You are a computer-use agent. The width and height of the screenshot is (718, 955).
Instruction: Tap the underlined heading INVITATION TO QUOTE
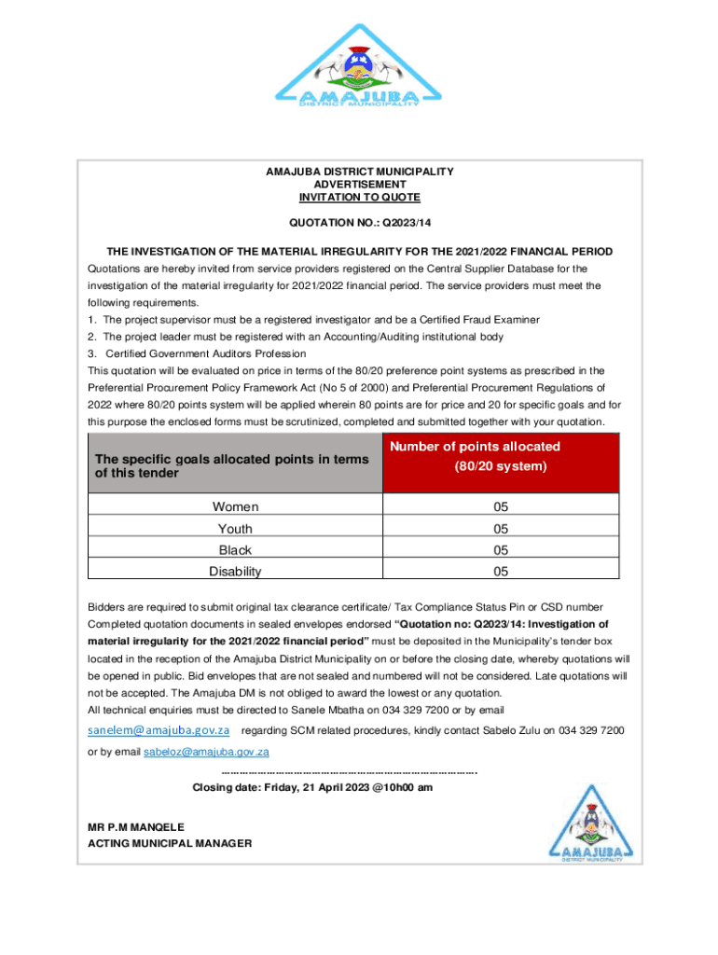click(359, 198)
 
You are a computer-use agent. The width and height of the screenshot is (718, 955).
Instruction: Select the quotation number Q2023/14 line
click(359, 224)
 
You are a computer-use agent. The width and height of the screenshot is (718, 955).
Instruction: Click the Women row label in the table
click(235, 507)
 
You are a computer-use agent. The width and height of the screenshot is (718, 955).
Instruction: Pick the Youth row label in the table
click(235, 529)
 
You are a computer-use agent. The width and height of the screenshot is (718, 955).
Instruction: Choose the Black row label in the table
click(235, 550)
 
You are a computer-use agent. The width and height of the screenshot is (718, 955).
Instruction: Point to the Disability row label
click(235, 572)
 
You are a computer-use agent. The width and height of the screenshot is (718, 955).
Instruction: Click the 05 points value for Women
click(501, 507)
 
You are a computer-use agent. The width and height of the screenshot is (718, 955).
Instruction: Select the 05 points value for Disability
click(501, 572)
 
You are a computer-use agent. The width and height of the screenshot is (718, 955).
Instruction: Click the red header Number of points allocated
click(501, 456)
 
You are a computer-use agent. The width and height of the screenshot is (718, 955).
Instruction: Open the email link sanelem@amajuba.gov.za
click(159, 729)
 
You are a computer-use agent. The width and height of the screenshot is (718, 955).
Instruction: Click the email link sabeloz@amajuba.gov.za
click(206, 752)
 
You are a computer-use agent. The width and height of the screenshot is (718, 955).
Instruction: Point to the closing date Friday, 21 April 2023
click(312, 787)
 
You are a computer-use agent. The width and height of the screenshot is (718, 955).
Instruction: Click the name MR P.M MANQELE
click(136, 827)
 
